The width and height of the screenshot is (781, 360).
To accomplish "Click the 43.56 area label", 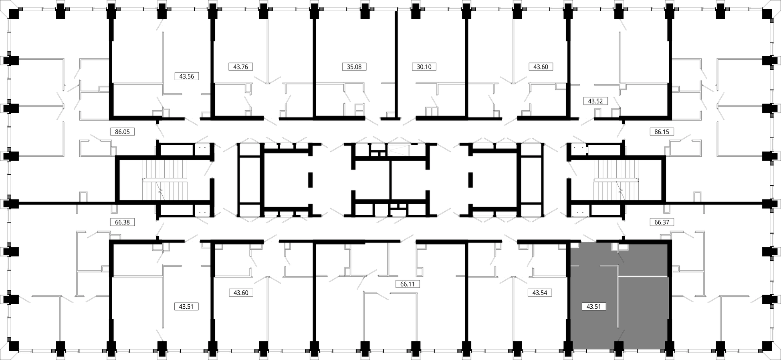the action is (x=187, y=76).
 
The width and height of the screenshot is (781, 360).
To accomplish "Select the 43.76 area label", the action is (x=240, y=67).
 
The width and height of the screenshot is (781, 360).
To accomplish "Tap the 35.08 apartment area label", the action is (x=354, y=67).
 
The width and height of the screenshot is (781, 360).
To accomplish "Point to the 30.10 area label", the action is (x=424, y=67).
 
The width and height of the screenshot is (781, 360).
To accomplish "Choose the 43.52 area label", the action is (x=595, y=101).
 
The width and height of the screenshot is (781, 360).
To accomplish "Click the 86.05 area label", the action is (x=122, y=131).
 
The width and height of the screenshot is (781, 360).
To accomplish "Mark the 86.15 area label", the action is (x=662, y=131).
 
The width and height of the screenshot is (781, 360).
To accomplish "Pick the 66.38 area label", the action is (x=122, y=222).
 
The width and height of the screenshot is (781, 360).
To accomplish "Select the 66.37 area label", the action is (x=662, y=222).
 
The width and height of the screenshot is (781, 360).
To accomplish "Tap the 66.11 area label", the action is (x=407, y=284).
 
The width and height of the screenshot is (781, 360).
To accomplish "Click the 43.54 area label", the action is (x=540, y=293).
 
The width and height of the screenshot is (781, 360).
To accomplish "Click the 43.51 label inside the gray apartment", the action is (x=593, y=307).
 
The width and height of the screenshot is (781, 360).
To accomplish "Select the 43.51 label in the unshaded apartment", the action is (x=186, y=307).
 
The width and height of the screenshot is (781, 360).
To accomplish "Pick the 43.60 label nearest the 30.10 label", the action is (x=541, y=67).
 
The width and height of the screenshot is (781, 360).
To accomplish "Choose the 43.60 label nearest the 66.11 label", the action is (x=241, y=293).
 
